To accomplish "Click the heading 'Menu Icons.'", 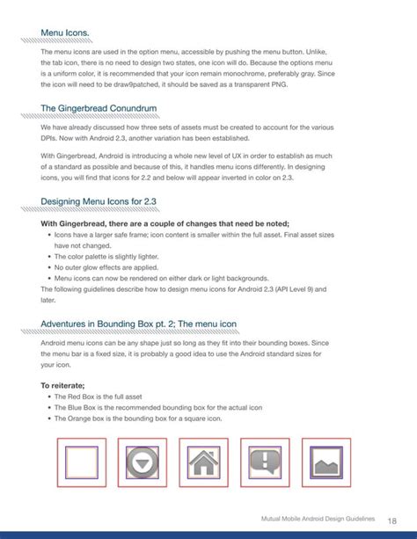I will point(65,33).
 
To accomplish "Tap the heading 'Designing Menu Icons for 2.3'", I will point(99,201).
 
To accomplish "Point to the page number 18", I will point(392,521).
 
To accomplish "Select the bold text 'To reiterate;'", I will point(62,385).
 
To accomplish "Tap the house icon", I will point(204,462).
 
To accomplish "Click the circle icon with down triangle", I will point(142,462).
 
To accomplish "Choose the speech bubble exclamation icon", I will point(267,462).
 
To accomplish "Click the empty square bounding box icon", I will point(80,462).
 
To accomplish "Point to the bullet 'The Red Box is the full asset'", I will point(110,397).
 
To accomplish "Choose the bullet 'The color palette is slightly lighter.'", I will point(114,256).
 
